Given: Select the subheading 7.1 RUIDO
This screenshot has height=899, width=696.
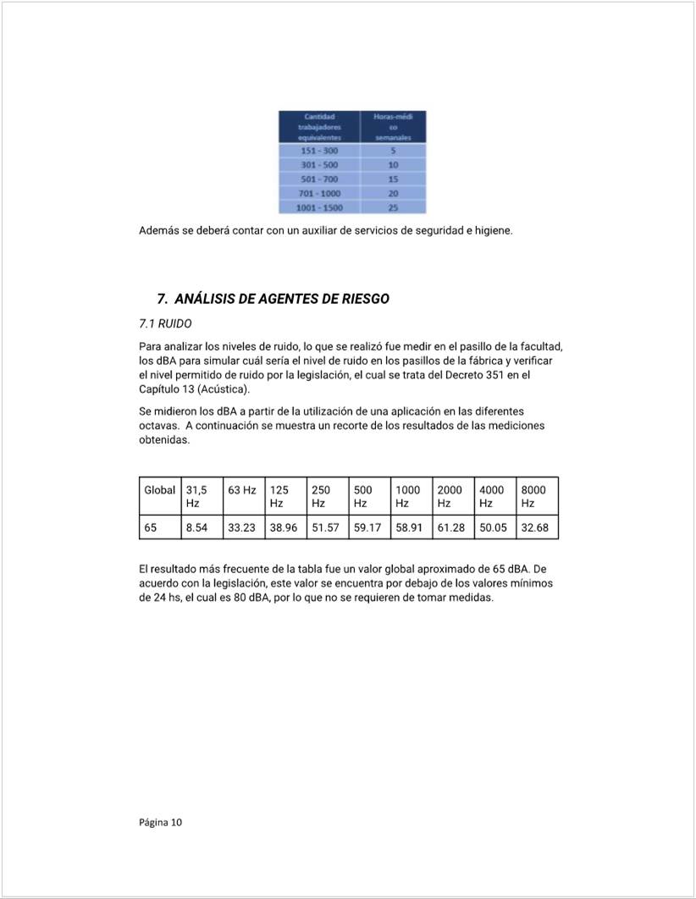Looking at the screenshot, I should click(x=165, y=323).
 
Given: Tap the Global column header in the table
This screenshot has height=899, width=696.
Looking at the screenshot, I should click(x=159, y=490).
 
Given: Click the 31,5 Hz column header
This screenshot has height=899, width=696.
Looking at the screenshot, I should click(x=196, y=496).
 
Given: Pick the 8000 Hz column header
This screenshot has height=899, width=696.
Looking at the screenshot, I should click(x=533, y=496).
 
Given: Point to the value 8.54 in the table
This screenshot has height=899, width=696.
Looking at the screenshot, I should click(x=196, y=527).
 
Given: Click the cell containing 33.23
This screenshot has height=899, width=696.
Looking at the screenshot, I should click(x=241, y=527).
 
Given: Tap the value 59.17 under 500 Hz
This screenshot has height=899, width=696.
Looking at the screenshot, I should click(x=367, y=527).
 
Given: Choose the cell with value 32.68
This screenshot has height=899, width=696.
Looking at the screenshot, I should click(x=535, y=527).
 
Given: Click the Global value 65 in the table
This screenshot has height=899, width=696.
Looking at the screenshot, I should click(x=151, y=527).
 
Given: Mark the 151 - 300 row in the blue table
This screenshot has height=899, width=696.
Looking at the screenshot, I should click(x=318, y=151).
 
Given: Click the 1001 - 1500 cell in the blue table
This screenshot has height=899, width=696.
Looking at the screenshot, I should click(x=318, y=207).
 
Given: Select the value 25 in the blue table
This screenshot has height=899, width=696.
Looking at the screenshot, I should click(x=393, y=207).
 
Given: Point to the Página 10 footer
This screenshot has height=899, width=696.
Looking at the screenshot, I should click(x=160, y=822).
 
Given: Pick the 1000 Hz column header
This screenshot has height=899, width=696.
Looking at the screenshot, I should click(x=408, y=496).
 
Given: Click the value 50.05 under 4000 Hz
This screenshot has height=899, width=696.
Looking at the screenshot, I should click(x=493, y=527).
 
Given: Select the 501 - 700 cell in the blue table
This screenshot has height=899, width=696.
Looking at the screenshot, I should click(x=318, y=179).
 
